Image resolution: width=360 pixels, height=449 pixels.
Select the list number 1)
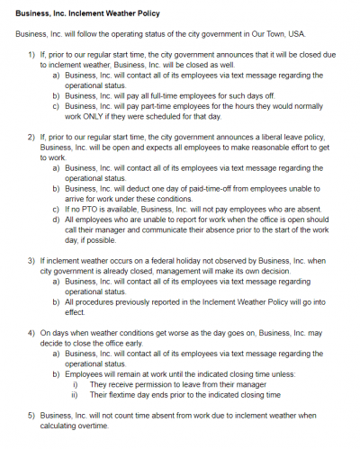point(31,55)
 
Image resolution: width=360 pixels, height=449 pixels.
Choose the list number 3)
point(31,259)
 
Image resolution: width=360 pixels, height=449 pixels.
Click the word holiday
point(148,259)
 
